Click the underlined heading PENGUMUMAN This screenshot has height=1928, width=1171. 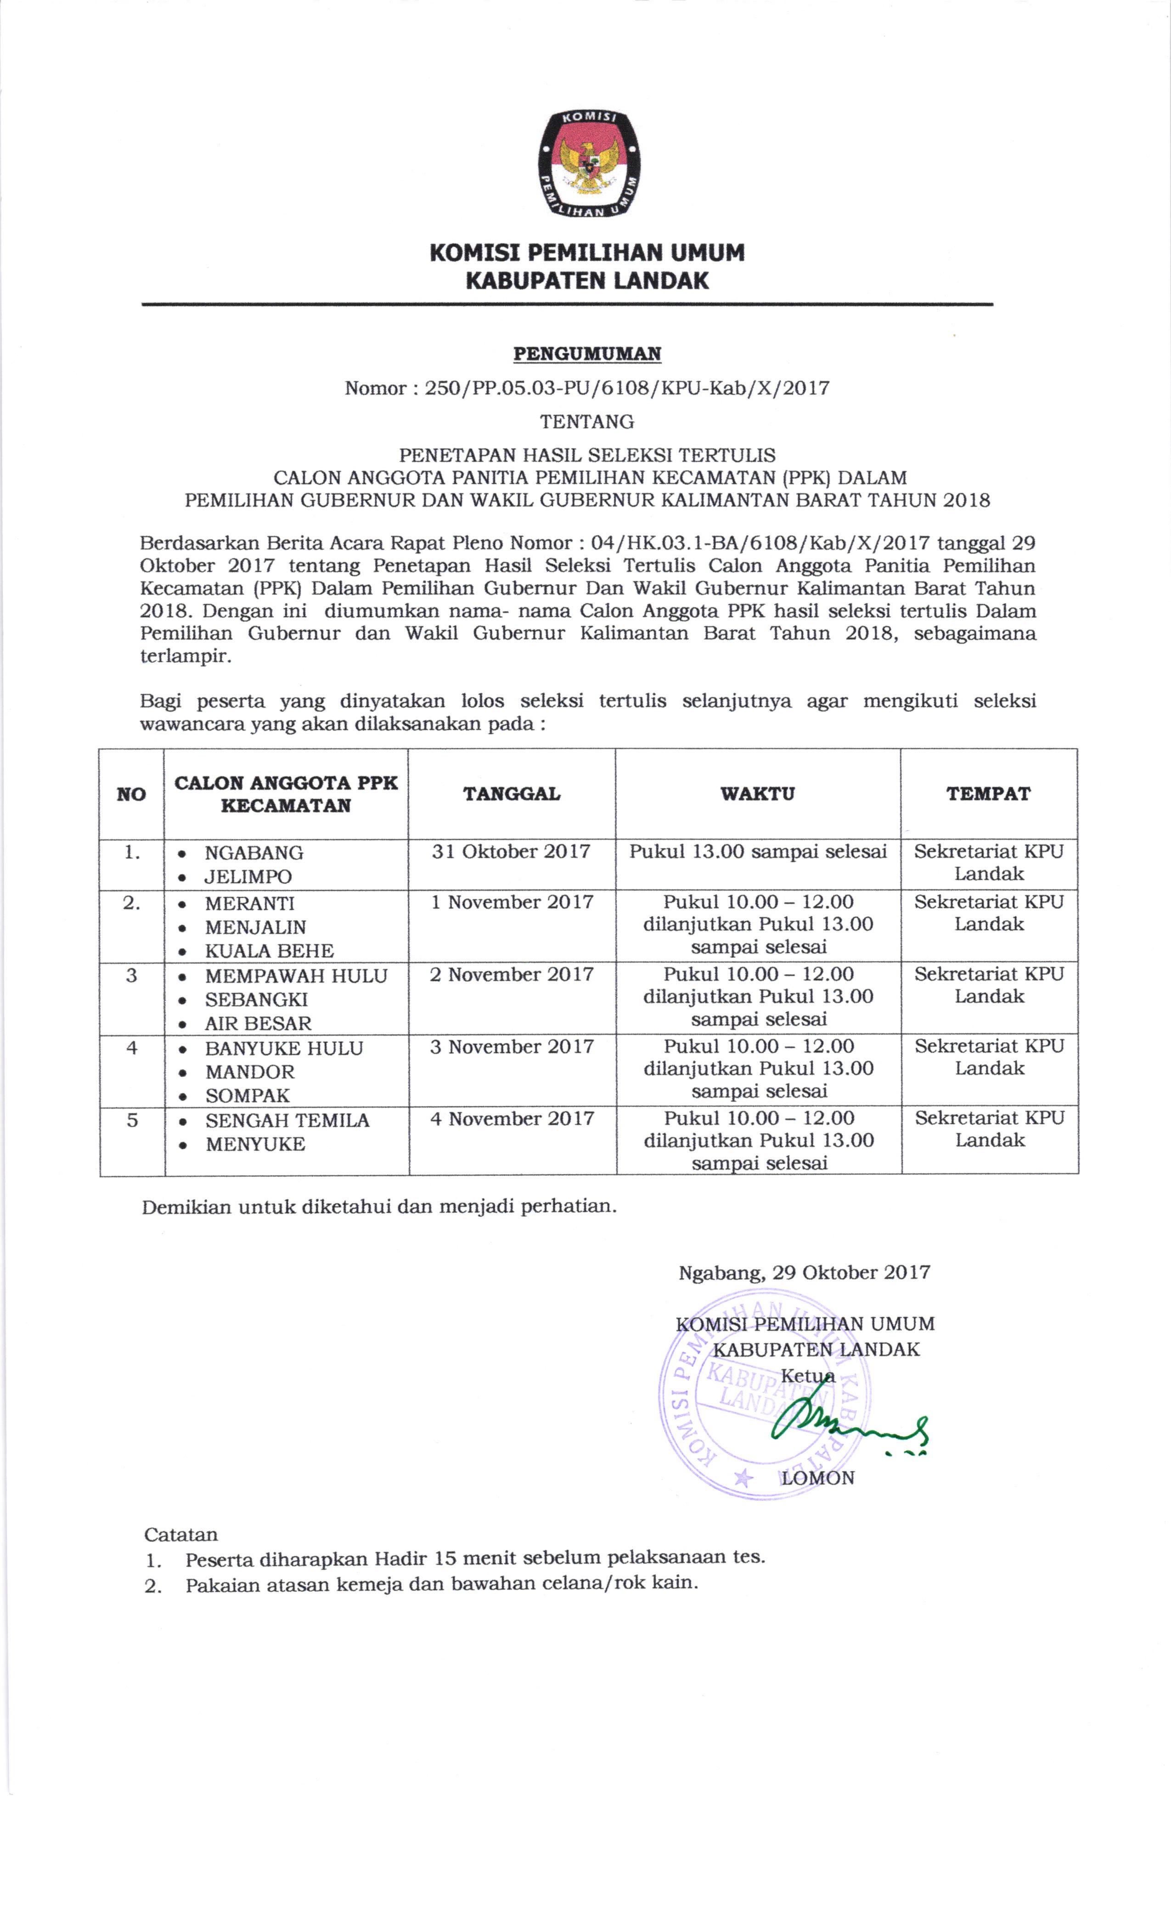587,353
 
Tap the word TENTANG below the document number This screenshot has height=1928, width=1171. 587,422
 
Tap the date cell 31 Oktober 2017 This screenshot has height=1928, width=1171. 511,852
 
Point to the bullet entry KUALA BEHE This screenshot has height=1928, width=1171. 269,951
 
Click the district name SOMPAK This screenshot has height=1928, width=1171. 248,1095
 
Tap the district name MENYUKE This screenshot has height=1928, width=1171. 255,1144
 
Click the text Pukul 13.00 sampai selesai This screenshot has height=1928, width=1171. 758,852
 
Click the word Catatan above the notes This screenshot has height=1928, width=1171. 181,1534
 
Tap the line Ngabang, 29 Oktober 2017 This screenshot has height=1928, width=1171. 804,1272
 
